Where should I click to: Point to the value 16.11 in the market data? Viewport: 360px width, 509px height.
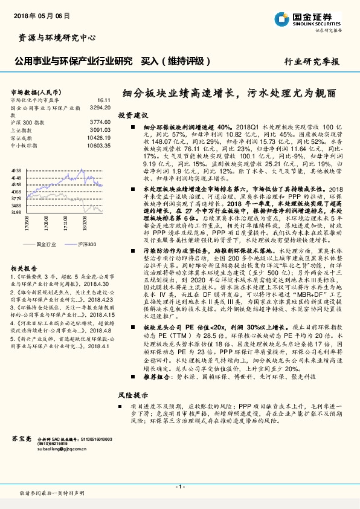pos(104,100)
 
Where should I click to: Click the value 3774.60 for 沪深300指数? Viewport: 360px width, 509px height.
pos(100,122)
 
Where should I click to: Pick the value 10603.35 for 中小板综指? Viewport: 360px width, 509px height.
pos(99,145)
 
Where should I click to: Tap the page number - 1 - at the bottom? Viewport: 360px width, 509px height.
pos(180,486)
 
